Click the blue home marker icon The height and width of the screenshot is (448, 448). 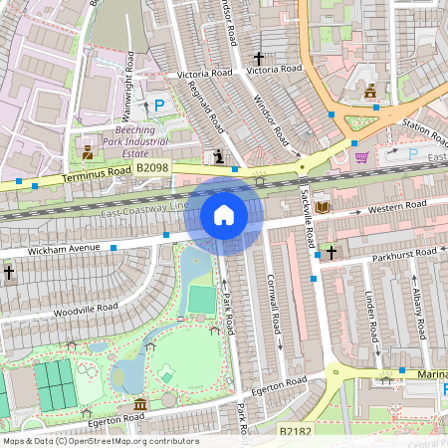[224, 214]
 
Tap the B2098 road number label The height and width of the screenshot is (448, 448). [153, 169]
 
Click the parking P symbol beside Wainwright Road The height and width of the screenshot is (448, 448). [157, 105]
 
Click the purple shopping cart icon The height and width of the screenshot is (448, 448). [360, 155]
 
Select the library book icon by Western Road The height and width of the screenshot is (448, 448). [322, 207]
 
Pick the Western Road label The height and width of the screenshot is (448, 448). [396, 207]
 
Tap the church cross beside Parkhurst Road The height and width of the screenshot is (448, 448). [331, 253]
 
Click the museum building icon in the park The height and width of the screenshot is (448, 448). [139, 404]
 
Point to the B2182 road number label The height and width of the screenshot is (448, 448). [296, 431]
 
